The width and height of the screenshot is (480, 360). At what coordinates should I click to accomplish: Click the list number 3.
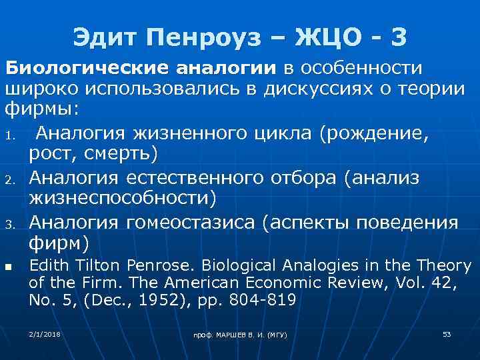pyautogui.click(x=11, y=223)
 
